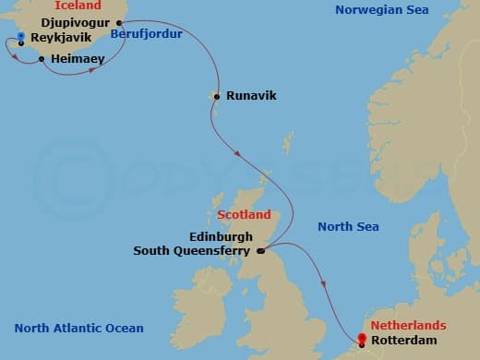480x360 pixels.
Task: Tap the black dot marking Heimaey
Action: pos(42,59)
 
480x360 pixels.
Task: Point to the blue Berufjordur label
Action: pos(146,34)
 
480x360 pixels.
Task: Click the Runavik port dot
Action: pos(216,95)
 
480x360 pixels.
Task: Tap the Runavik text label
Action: pos(251,95)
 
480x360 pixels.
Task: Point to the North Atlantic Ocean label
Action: pos(79,329)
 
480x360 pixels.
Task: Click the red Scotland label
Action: pos(244,215)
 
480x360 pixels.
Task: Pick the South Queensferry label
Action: pos(194,250)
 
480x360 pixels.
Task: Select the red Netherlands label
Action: pos(408,326)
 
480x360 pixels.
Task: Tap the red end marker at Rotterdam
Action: pos(361,339)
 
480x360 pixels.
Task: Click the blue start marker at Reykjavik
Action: pos(20,37)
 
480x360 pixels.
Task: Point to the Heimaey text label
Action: pos(78,58)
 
